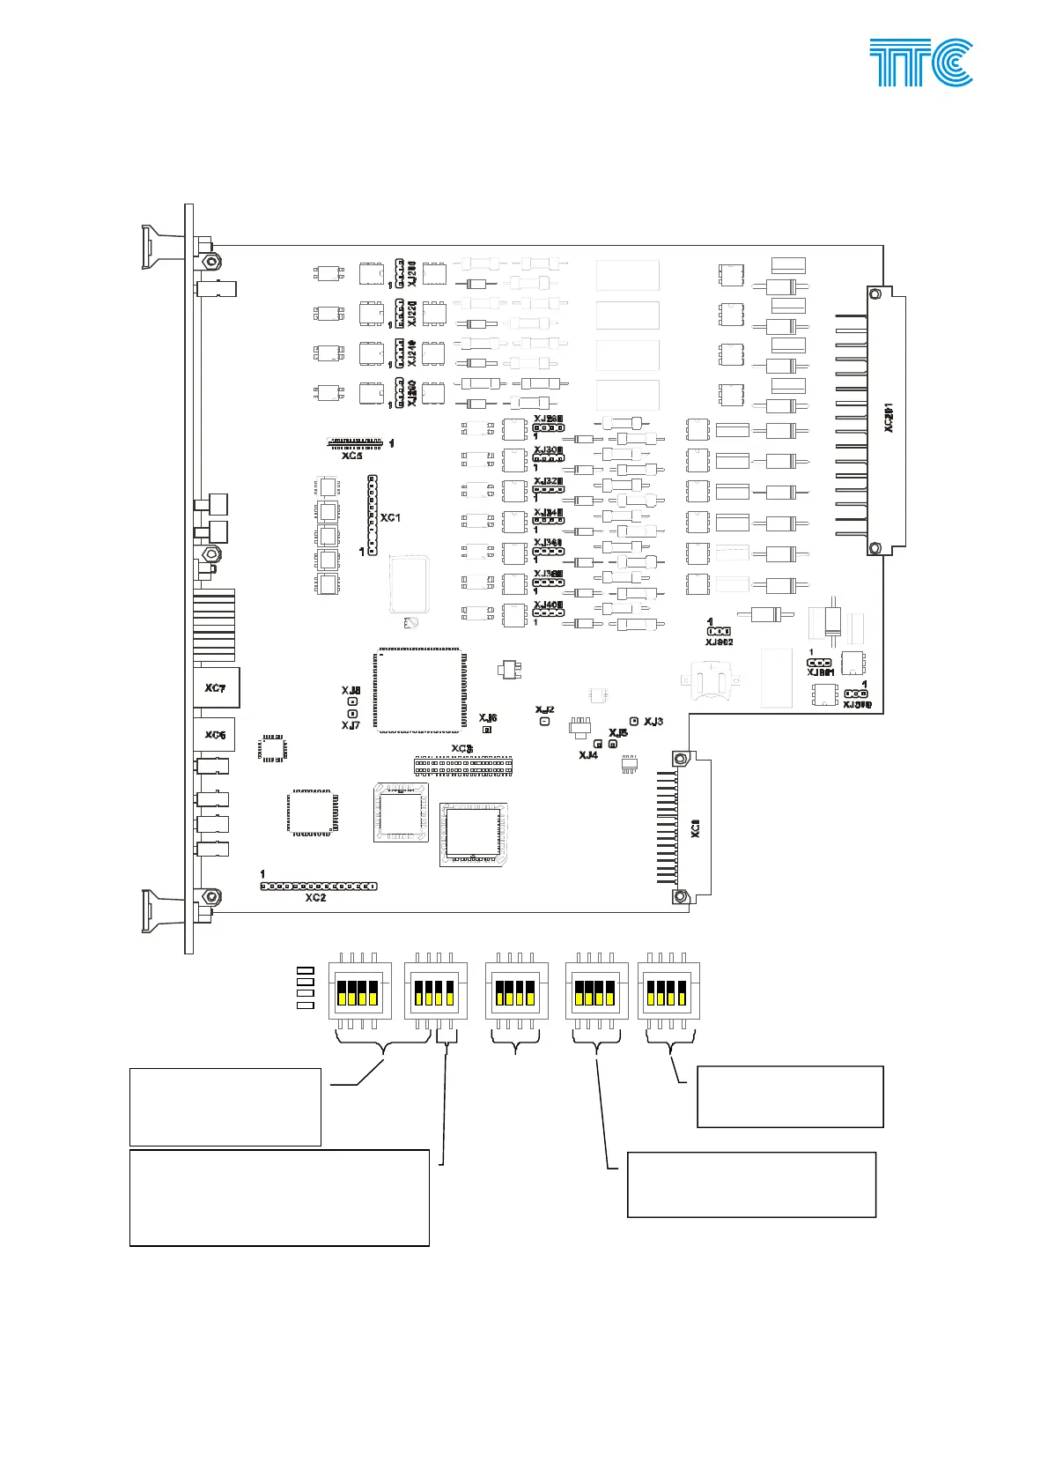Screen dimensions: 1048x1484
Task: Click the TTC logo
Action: tap(921, 62)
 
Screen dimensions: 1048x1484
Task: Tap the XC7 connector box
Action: tap(216, 688)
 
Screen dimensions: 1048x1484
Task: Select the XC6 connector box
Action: tap(215, 735)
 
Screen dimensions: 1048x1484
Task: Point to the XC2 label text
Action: tap(315, 898)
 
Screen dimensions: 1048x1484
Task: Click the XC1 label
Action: tap(390, 517)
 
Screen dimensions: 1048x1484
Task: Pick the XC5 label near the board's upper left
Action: tap(352, 456)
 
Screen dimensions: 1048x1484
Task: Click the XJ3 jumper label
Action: tap(653, 722)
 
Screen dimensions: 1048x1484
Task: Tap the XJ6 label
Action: tap(488, 718)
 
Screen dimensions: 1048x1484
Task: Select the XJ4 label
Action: tap(588, 755)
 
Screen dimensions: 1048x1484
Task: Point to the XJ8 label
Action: tap(351, 691)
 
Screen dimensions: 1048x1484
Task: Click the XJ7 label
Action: tap(351, 725)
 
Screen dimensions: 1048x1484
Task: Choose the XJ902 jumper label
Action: tap(719, 642)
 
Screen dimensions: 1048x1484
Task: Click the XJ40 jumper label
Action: tap(547, 605)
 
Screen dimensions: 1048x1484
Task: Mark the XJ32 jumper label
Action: tap(547, 481)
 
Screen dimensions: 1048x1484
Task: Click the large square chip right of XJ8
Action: tap(419, 690)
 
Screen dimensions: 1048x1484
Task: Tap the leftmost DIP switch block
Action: tap(358, 991)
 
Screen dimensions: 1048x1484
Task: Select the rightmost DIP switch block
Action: tap(668, 991)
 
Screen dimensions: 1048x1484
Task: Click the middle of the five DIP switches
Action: tap(516, 991)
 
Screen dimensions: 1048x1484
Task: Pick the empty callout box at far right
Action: tap(789, 1096)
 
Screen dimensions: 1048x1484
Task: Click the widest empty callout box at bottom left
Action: tap(279, 1197)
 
